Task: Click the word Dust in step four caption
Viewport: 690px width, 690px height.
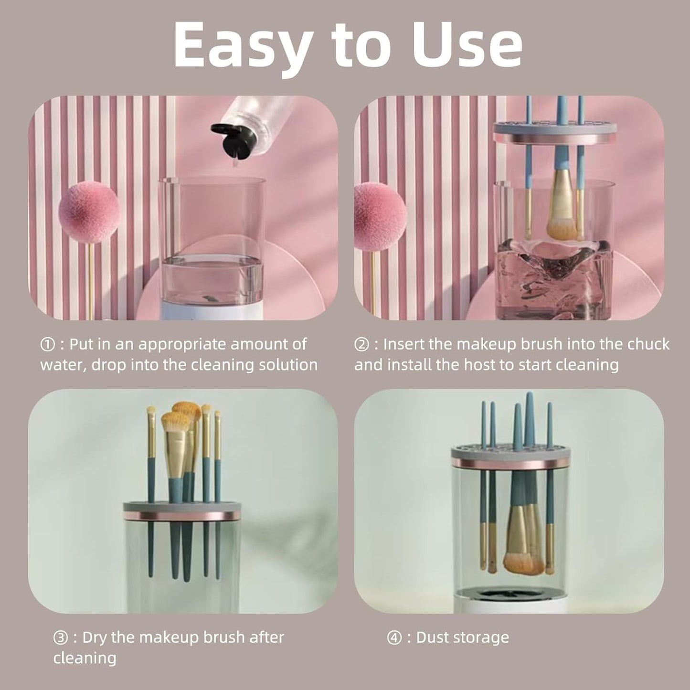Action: (432, 637)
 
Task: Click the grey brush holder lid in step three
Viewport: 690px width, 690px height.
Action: (181, 507)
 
